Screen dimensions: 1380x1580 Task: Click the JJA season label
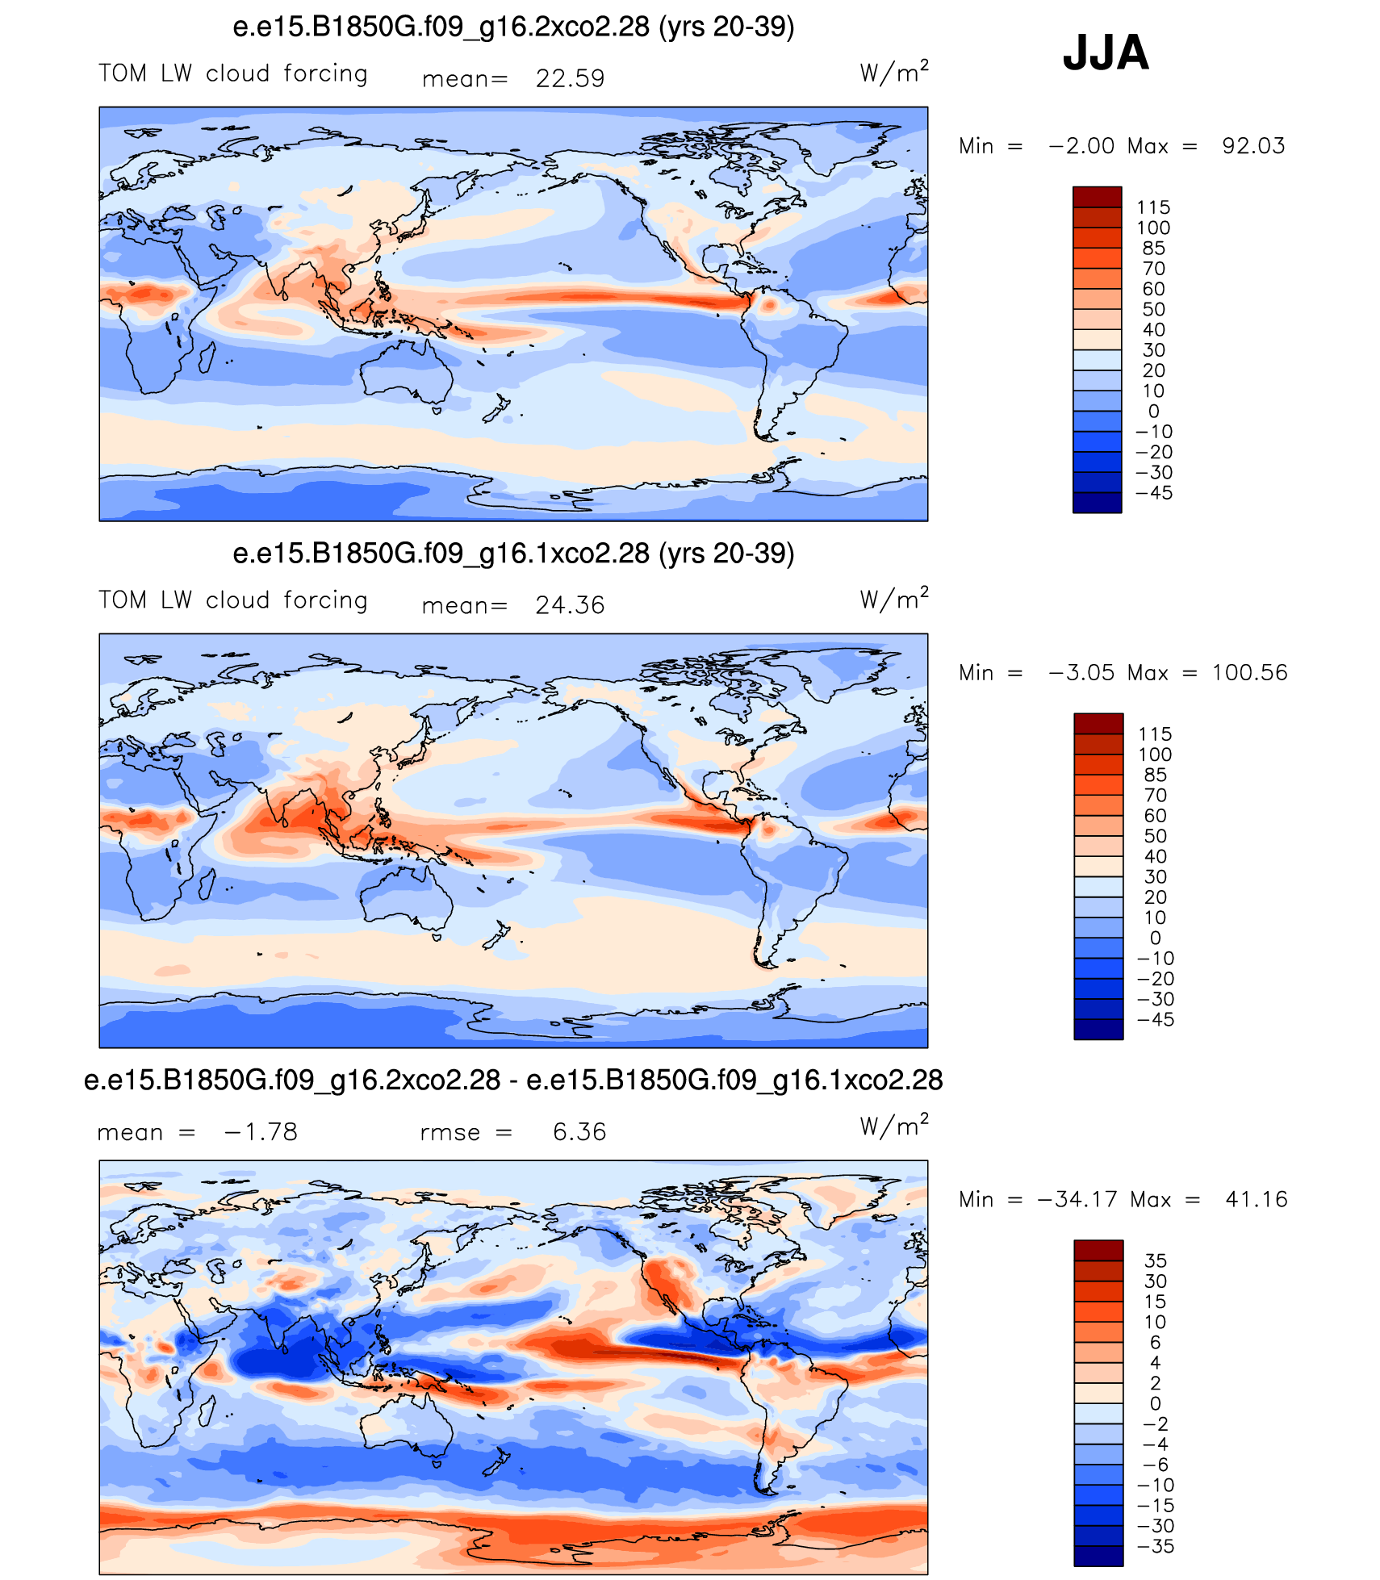1106,53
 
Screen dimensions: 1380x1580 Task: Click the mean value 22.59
570,78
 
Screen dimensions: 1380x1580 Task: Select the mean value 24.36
570,605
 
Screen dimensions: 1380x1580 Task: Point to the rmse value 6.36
579,1132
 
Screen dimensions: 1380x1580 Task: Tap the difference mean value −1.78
261,1132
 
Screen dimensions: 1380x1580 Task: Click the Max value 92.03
1253,146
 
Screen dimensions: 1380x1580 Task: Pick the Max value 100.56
1249,673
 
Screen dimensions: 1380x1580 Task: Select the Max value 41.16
1257,1200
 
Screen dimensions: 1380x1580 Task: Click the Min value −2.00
1081,146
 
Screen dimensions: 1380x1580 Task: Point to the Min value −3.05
1081,673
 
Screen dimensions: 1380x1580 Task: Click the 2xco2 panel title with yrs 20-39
513,27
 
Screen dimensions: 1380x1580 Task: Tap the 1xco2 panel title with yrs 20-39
513,554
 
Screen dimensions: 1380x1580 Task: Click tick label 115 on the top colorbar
1153,207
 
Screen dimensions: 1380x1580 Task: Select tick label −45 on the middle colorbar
1155,1019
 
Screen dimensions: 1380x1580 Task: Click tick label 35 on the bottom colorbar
1156,1260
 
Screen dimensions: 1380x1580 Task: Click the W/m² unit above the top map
894,72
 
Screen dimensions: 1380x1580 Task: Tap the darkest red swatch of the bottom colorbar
1098,1251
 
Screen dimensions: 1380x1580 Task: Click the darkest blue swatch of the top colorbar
1098,502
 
